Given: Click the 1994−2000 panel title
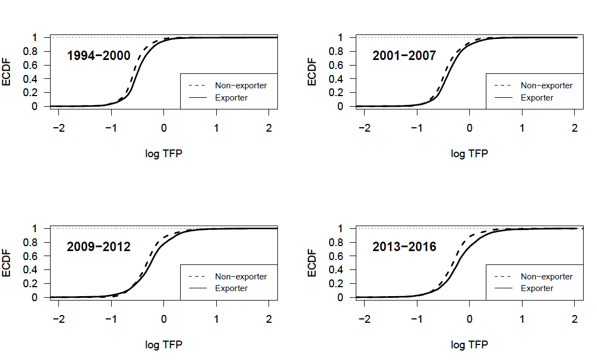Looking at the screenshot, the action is [98, 56].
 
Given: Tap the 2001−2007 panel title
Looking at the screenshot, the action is [404, 56].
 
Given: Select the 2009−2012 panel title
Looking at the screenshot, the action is [98, 247].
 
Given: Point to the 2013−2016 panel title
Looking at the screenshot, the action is [404, 247].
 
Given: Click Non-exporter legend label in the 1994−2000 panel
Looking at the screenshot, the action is [241, 86].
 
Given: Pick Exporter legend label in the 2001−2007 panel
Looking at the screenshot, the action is [537, 98].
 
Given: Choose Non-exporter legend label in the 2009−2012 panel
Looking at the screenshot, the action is [241, 277].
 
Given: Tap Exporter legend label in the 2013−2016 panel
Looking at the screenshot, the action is [537, 288].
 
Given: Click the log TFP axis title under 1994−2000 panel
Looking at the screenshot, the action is [164, 154].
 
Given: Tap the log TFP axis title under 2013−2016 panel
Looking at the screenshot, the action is [470, 345].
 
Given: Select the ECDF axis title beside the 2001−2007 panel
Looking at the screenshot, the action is [312, 72].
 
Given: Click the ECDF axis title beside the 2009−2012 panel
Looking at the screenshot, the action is [6, 263].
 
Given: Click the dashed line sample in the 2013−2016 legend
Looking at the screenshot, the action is [504, 277].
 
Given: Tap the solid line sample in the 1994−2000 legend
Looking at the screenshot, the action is [197, 98].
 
